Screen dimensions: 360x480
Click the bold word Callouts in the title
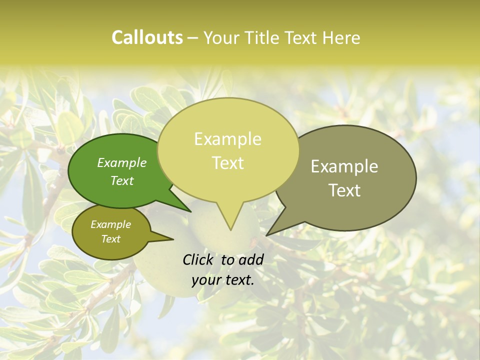coord(147,37)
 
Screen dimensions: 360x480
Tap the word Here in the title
coord(341,37)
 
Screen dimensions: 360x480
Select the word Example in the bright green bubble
coord(122,163)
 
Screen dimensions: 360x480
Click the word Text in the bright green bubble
coord(122,180)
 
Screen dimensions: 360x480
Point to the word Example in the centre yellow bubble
coord(227,139)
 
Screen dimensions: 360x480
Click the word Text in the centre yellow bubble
coord(227,163)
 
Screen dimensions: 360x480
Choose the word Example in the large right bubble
coord(344,166)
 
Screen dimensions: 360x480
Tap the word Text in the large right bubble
coord(344,190)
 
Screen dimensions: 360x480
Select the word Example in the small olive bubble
coord(110,224)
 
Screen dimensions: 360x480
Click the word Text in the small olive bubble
coord(110,239)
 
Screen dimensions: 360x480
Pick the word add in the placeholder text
coord(250,259)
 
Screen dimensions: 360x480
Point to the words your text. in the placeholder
coord(222,280)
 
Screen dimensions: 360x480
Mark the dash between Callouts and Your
coord(193,38)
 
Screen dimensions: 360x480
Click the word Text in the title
coord(301,37)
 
